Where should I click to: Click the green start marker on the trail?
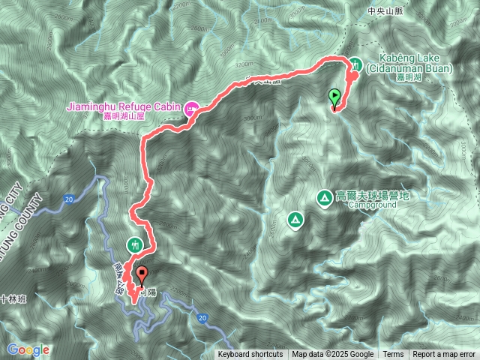[x=334, y=97]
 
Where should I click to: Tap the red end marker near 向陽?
[x=141, y=274]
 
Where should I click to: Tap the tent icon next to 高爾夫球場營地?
[x=325, y=197]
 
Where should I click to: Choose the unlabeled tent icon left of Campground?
[x=295, y=220]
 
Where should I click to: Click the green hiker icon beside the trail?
[x=135, y=244]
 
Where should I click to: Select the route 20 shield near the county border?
[x=68, y=199]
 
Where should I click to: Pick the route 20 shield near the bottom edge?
[x=203, y=318]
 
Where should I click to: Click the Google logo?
[x=28, y=349]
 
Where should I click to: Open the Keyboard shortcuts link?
[x=250, y=355]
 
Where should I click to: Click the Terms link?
[x=393, y=355]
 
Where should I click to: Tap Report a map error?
[x=443, y=355]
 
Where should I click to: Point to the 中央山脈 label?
[x=386, y=11]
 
